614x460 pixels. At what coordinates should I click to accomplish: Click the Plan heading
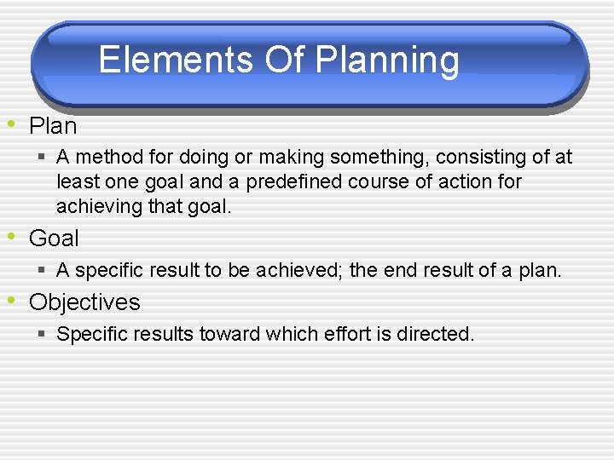tap(53, 127)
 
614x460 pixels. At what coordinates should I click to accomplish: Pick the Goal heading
tap(54, 239)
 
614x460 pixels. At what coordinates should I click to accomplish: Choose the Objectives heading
tap(84, 302)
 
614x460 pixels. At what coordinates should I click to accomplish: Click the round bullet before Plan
tap(12, 124)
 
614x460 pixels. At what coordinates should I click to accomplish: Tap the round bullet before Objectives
tap(12, 300)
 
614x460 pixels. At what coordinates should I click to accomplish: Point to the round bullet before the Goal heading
tap(12, 236)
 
